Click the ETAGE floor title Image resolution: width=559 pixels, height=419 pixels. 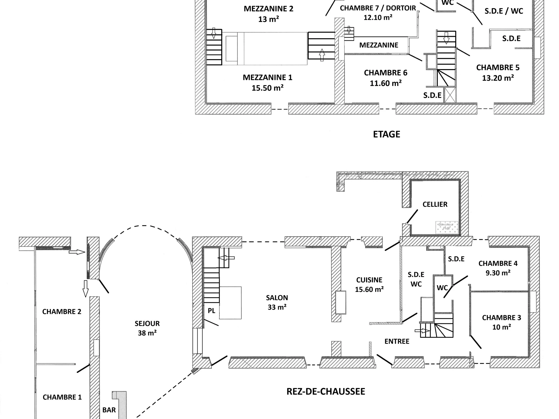386,134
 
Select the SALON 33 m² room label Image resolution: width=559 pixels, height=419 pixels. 277,302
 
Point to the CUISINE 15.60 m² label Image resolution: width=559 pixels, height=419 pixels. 369,284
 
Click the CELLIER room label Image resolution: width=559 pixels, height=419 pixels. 435,204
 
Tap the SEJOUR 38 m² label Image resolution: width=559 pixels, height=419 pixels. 147,328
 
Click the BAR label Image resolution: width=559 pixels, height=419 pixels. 109,410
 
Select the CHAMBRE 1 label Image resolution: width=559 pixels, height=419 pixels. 62,397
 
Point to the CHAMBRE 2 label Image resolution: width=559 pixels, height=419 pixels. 62,312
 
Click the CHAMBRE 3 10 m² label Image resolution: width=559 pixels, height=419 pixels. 501,322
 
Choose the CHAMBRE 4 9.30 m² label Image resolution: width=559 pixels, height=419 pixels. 498,268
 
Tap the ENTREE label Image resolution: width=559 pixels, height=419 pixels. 397,341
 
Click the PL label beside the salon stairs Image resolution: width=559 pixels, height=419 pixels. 211,311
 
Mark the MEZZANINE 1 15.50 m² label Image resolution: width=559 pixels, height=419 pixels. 267,83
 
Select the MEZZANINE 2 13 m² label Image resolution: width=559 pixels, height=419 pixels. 268,14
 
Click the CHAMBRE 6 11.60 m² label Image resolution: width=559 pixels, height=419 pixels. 386,78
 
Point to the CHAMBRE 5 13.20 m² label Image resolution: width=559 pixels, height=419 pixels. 498,72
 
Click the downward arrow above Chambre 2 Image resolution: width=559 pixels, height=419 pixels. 85,288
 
